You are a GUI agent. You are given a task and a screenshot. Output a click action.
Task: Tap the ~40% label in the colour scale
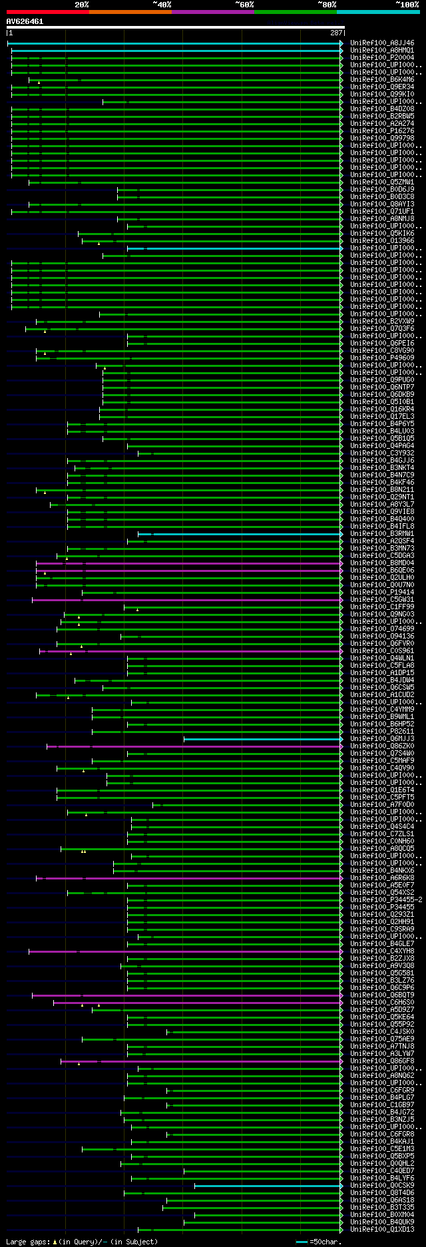[162, 5]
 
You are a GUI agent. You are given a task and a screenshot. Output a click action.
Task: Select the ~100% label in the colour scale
[407, 5]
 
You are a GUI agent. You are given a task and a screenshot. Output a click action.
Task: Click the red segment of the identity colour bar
[47, 12]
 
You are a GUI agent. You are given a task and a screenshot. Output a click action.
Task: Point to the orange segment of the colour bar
[130, 12]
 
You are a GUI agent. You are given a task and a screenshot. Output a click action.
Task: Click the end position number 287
[335, 33]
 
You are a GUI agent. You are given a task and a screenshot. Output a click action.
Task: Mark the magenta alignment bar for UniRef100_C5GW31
[186, 600]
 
